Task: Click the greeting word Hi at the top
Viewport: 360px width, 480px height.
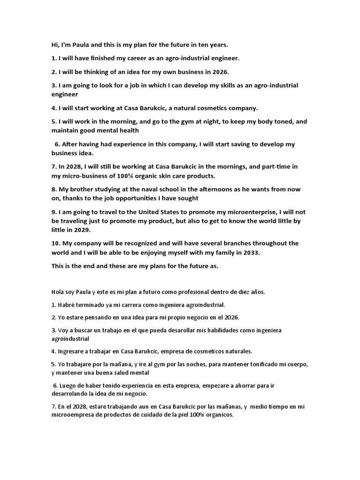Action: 55,45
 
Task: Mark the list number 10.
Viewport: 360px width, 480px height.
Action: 55,243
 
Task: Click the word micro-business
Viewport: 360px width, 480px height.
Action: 85,176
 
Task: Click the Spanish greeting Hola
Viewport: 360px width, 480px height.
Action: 59,292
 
